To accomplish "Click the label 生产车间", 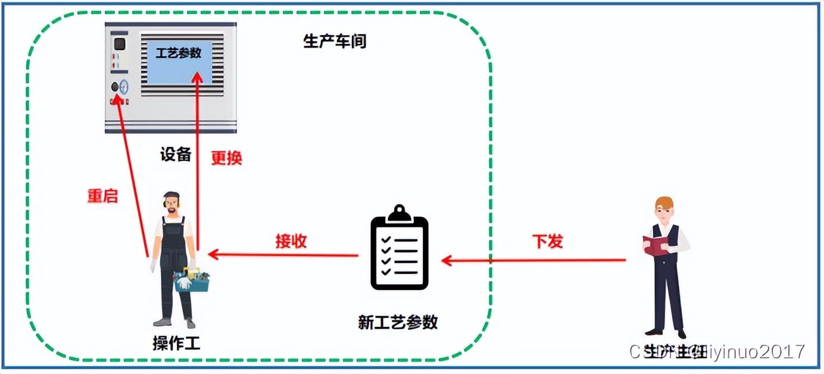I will tap(335, 41).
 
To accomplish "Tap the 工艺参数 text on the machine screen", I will tap(179, 53).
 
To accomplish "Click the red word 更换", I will tap(227, 158).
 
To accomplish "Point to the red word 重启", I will tap(103, 196).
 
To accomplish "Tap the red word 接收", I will tap(291, 241).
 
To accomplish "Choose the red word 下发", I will tap(547, 241).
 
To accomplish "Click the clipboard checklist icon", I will tap(399, 250).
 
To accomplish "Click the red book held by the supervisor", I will tap(656, 245).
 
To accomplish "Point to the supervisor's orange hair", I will tap(664, 202).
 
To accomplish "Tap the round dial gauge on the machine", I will tap(124, 86).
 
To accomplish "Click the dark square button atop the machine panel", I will tap(120, 43).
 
